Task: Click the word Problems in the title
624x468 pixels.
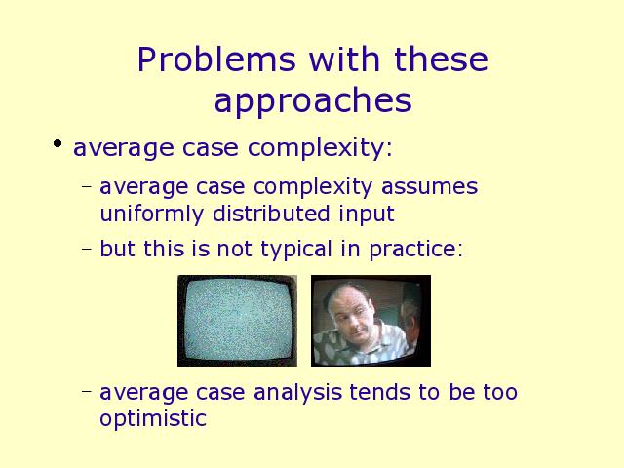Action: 216,59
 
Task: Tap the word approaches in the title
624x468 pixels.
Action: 313,101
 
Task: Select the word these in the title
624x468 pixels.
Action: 441,59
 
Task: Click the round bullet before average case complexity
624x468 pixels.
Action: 58,143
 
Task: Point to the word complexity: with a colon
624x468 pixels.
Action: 320,148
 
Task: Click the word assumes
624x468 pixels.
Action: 429,187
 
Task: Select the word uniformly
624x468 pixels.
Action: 152,214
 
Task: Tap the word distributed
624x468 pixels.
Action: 271,214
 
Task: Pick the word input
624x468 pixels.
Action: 367,214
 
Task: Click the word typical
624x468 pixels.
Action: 296,250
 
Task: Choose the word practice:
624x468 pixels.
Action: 416,250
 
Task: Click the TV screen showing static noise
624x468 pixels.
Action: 237,321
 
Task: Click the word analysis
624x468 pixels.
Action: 297,393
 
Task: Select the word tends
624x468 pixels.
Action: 379,392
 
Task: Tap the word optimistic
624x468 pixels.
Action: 153,418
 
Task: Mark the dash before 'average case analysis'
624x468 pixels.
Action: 87,391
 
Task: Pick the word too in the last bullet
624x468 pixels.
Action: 500,392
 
